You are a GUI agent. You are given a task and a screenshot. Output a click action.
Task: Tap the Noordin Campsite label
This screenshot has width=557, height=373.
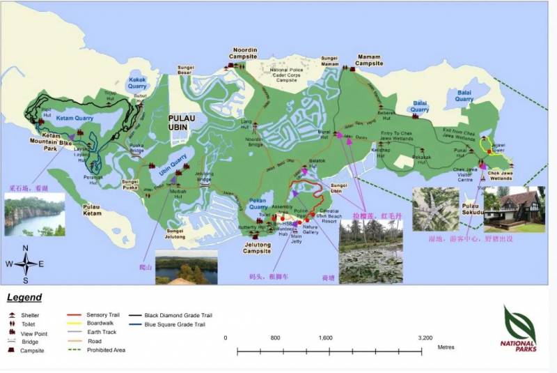244,54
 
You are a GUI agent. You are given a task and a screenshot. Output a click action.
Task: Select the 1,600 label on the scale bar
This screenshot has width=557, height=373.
325,337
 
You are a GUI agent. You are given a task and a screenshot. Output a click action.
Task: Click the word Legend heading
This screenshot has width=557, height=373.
24,298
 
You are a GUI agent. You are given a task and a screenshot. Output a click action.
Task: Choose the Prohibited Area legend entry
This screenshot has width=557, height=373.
107,350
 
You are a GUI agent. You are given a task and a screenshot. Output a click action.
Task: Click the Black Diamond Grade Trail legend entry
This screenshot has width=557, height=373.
171,315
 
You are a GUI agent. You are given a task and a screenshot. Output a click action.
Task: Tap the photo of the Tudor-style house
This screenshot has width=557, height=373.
515,209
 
